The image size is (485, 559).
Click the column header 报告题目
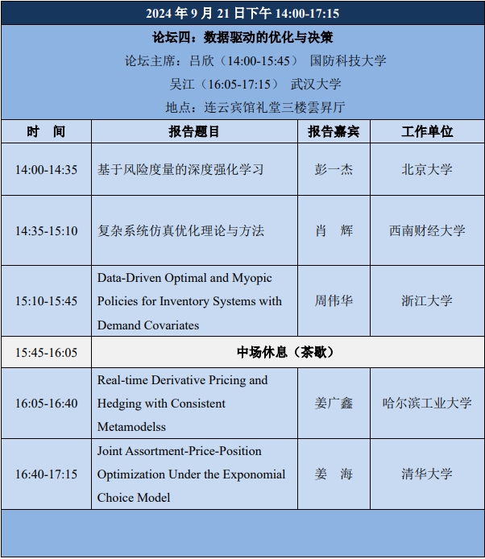pyautogui.click(x=194, y=131)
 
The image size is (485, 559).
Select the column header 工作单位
pyautogui.click(x=427, y=131)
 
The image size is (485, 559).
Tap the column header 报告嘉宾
pyautogui.click(x=334, y=131)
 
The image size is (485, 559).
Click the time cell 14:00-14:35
pyautogui.click(x=46, y=170)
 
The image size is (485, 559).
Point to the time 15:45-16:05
pyautogui.click(x=46, y=353)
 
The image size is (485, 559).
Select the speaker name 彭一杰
pyautogui.click(x=334, y=169)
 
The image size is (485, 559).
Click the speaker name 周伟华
pyautogui.click(x=334, y=301)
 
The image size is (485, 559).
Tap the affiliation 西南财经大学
pyautogui.click(x=427, y=230)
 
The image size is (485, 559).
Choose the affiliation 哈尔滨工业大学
pyautogui.click(x=427, y=404)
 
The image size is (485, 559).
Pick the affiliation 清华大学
pyautogui.click(x=427, y=474)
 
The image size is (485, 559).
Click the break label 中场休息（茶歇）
pyautogui.click(x=285, y=352)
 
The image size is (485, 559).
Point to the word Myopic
pyautogui.click(x=252, y=278)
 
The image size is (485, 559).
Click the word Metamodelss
pyautogui.click(x=131, y=427)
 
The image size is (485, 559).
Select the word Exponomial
pyautogui.click(x=254, y=474)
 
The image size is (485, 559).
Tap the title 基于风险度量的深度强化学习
pyautogui.click(x=180, y=169)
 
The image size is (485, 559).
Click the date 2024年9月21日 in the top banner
pyautogui.click(x=196, y=13)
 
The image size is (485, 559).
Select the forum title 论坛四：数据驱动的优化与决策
pyautogui.click(x=242, y=37)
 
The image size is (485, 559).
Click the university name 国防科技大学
pyautogui.click(x=348, y=60)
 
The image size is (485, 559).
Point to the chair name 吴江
pyautogui.click(x=182, y=84)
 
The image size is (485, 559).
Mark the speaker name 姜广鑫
pyautogui.click(x=334, y=404)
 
